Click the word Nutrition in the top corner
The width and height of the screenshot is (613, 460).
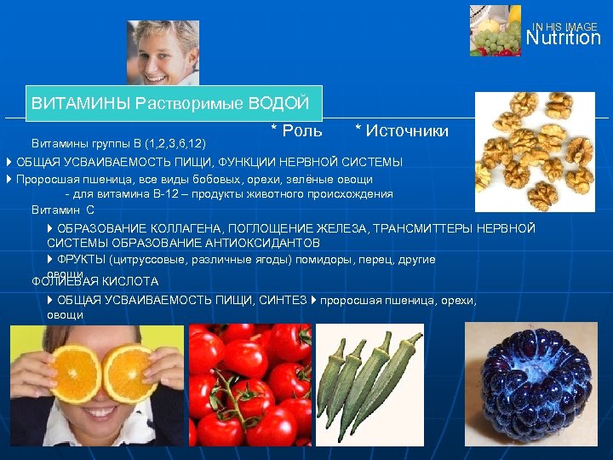(x=563, y=38)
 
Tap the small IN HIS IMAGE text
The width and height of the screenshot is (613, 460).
(x=565, y=26)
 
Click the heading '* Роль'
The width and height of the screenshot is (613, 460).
(x=296, y=130)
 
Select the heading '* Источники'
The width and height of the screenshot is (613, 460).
(x=401, y=130)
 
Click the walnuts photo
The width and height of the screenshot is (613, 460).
(x=534, y=152)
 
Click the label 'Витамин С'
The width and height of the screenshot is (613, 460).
(x=63, y=210)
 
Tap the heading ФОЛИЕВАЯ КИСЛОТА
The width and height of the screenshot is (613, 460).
(x=95, y=281)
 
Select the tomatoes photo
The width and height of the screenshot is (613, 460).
(x=249, y=385)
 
